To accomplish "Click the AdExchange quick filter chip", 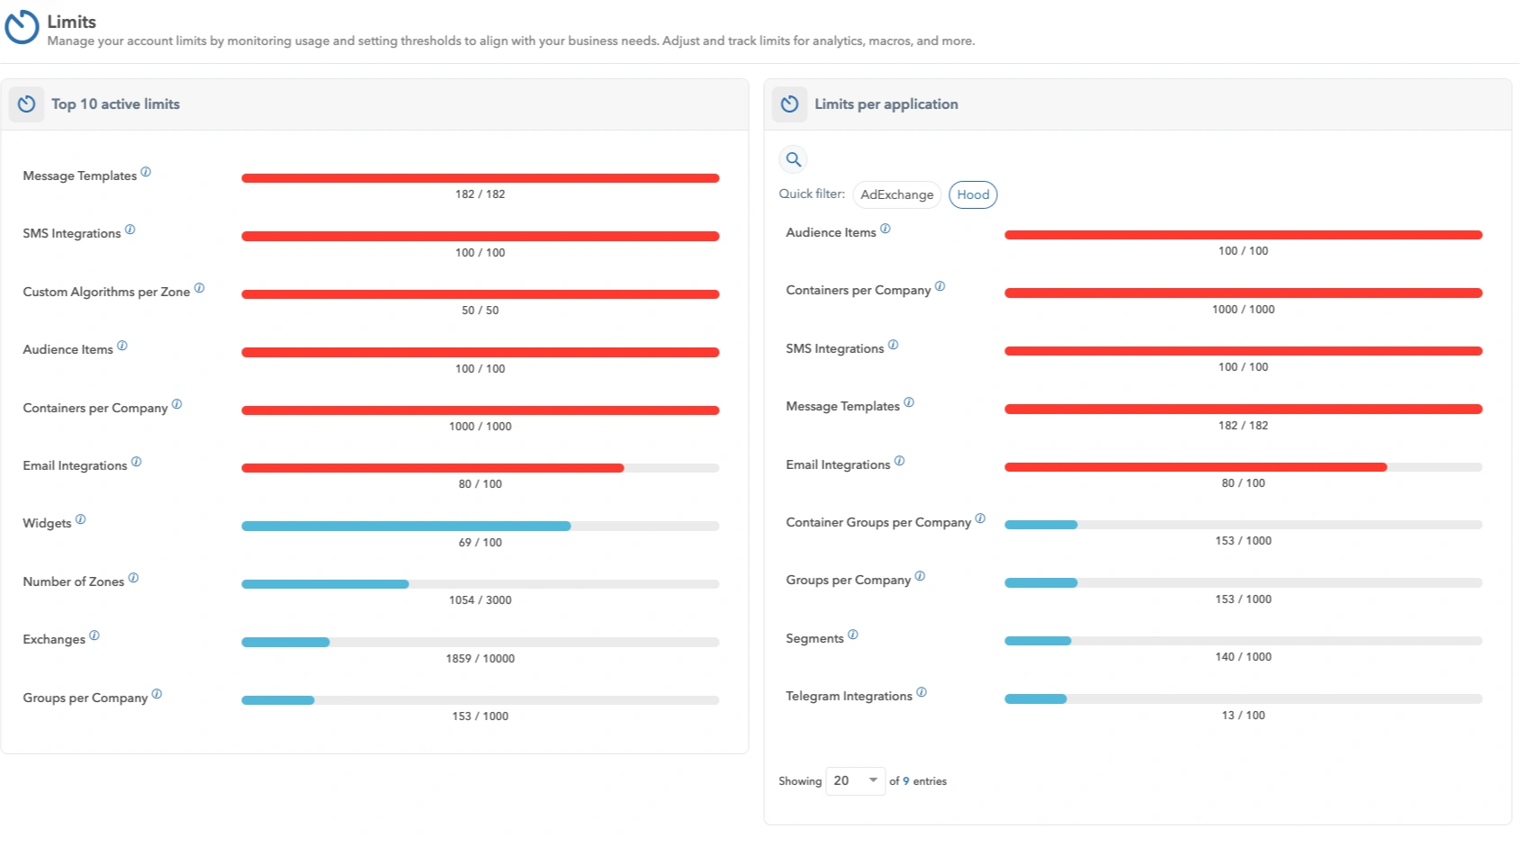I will click(896, 194).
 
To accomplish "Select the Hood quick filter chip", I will click(972, 194).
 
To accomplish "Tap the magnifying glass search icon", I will click(793, 159).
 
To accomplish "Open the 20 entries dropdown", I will click(855, 780).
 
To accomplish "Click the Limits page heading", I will click(71, 22).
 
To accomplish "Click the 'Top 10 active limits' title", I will click(115, 104).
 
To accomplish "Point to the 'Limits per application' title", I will click(886, 104).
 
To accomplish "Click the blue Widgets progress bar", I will click(406, 526).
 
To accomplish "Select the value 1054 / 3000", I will click(480, 600).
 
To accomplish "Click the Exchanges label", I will click(54, 640).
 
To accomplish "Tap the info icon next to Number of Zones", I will click(133, 578).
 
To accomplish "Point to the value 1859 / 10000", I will click(480, 659).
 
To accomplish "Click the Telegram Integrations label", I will click(849, 697).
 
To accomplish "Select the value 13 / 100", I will click(1243, 716).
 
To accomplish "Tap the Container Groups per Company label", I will click(878, 523).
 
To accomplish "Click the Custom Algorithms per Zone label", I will click(106, 293).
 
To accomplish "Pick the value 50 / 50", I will click(480, 311).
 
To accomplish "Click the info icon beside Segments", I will click(853, 635).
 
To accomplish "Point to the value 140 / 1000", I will click(1243, 657).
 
